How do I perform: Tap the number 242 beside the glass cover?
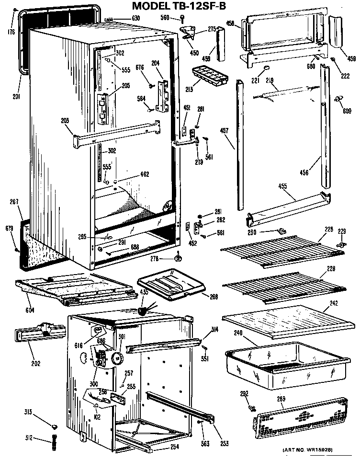point(333,304)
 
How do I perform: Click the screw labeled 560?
point(183,18)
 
